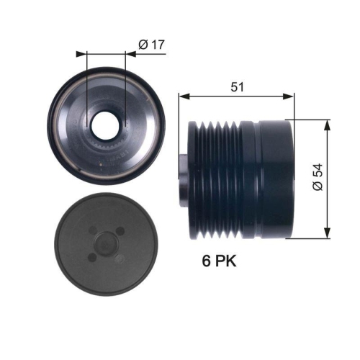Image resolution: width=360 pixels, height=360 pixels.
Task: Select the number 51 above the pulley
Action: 238,86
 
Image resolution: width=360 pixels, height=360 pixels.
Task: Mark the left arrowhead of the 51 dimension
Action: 184,96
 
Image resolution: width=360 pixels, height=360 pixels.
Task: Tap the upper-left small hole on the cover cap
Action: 94,230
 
